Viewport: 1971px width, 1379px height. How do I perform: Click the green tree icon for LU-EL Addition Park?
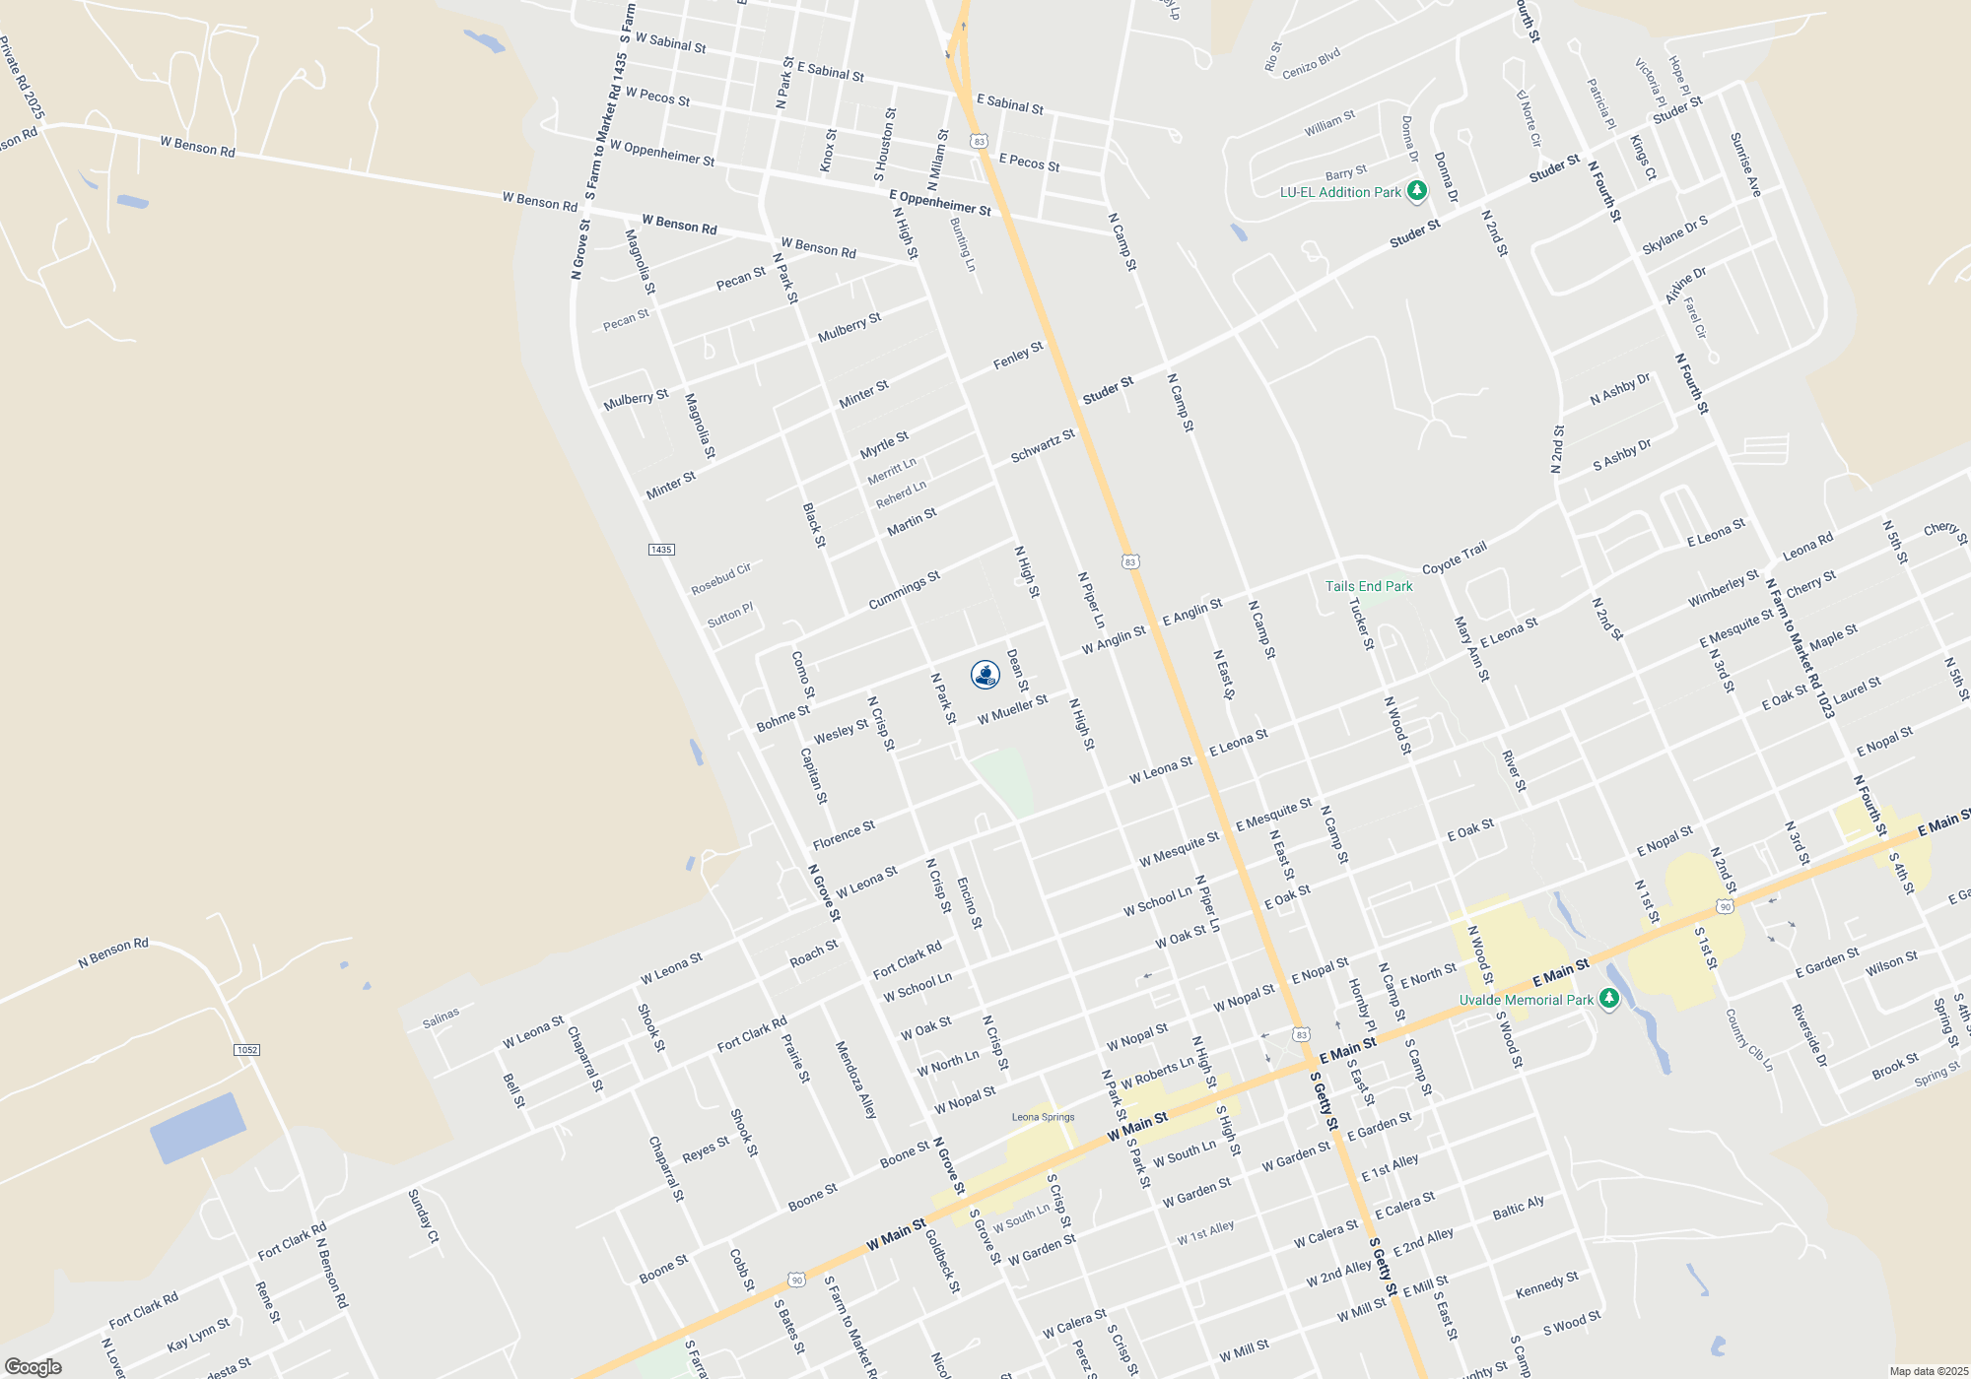tap(1416, 191)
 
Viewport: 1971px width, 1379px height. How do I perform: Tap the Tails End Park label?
tap(1368, 586)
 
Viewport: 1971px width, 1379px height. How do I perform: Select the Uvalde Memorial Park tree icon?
tap(1608, 1000)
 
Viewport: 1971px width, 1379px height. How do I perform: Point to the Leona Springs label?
tap(1043, 1117)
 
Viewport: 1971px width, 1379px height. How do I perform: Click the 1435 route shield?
tap(661, 550)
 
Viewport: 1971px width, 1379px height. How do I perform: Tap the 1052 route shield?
tap(246, 1050)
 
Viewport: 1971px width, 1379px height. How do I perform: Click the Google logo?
tap(33, 1367)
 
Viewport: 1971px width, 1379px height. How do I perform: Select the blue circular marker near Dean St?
tap(985, 674)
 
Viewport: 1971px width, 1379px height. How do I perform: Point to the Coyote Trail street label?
tap(1454, 558)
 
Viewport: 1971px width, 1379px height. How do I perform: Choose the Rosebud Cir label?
tap(720, 579)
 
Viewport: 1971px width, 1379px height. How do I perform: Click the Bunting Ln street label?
tap(963, 245)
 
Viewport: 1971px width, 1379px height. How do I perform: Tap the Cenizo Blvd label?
tap(1311, 64)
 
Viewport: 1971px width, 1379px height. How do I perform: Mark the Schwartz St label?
tap(1043, 446)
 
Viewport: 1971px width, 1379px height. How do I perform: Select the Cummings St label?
tap(904, 590)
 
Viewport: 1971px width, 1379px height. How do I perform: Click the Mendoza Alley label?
tap(855, 1080)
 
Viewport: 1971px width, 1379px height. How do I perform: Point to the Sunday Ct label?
tap(423, 1216)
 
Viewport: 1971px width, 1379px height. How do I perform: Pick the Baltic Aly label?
tap(1518, 1208)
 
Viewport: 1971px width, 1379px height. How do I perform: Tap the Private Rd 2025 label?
tap(23, 78)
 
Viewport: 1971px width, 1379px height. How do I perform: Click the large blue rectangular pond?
tap(198, 1128)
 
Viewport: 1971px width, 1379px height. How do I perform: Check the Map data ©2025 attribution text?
tap(1928, 1371)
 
